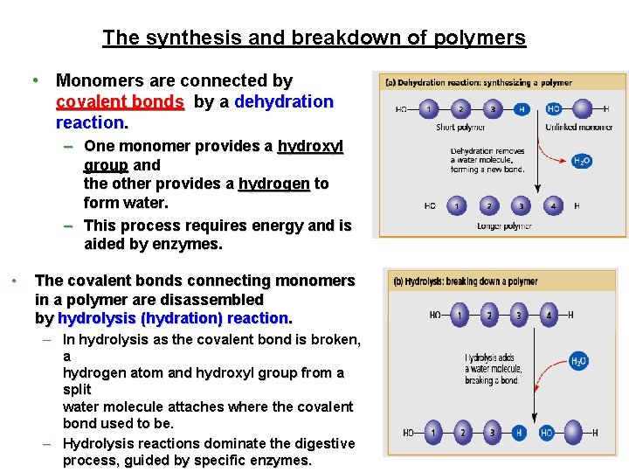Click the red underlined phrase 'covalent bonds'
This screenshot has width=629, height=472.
click(120, 102)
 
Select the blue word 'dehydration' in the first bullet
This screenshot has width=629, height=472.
click(284, 102)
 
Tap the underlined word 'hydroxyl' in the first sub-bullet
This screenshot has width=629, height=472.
click(310, 146)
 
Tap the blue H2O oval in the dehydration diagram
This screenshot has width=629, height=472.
click(581, 162)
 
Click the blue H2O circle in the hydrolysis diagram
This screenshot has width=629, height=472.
click(578, 360)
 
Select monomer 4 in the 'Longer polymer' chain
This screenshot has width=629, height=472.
click(552, 206)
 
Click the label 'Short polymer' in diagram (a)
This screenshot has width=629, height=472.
click(461, 128)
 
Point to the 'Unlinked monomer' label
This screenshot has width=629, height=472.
click(578, 128)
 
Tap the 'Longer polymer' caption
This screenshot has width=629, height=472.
click(504, 226)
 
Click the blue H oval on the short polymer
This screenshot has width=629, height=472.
click(522, 109)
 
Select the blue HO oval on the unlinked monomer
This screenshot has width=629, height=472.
click(554, 109)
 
